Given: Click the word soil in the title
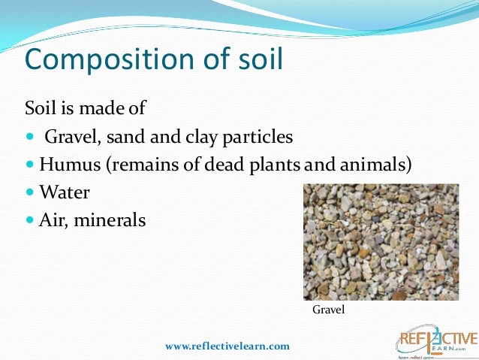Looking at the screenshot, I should coord(258,59).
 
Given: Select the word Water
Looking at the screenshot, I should coord(65,192).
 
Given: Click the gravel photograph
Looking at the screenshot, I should coord(381,242).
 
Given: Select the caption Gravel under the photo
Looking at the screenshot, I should coord(327,309).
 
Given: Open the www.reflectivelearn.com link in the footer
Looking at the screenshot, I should coord(227,346).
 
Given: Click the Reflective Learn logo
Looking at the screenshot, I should coord(436,342).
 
